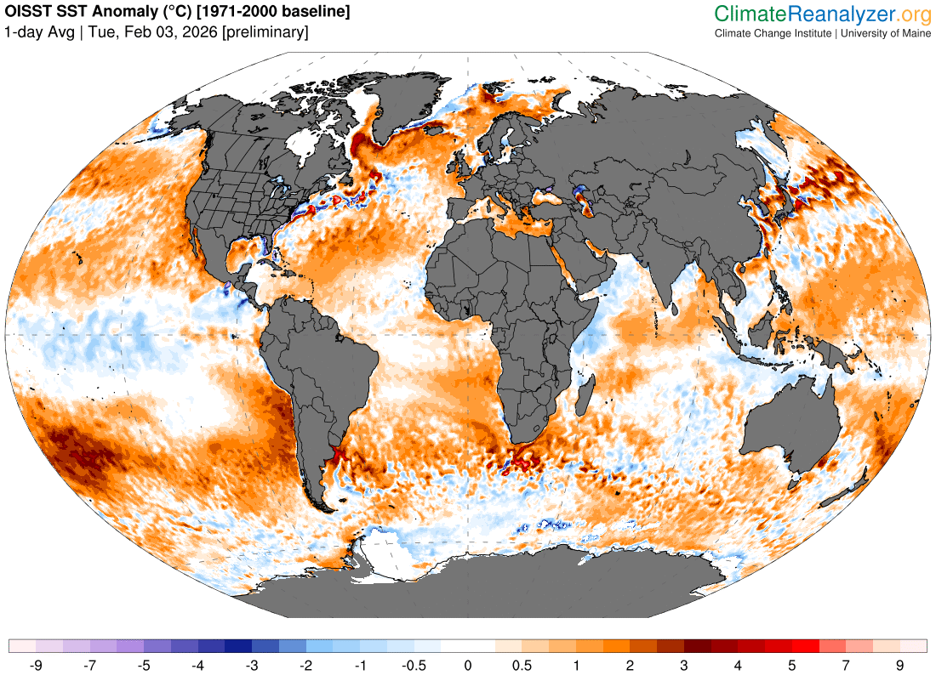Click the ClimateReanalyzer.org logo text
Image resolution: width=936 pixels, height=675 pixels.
click(x=822, y=14)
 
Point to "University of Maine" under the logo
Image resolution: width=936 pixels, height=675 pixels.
click(x=886, y=33)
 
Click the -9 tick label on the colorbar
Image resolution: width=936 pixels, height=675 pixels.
click(x=36, y=664)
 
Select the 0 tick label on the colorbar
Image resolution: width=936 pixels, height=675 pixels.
click(x=468, y=664)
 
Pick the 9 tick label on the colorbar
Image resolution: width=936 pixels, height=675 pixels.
click(x=900, y=664)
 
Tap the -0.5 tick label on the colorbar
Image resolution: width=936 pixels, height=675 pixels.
click(x=414, y=664)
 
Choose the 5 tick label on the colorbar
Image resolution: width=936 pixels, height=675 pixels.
click(x=792, y=664)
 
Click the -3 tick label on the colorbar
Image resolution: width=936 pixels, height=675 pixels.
click(x=252, y=664)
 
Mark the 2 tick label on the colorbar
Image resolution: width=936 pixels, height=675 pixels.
click(x=631, y=664)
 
